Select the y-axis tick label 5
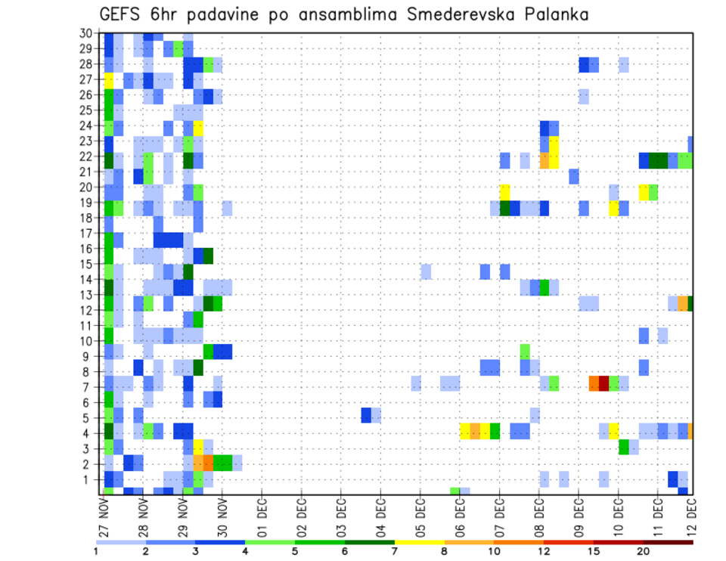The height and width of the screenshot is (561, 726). pos(88,417)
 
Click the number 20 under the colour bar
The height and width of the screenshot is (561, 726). pos(644,551)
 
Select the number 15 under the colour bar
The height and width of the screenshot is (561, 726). pos(594,551)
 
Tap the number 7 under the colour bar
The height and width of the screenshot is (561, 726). pos(395,551)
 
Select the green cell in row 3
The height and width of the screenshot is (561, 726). pos(624,448)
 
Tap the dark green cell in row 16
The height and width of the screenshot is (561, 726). pos(208,255)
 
